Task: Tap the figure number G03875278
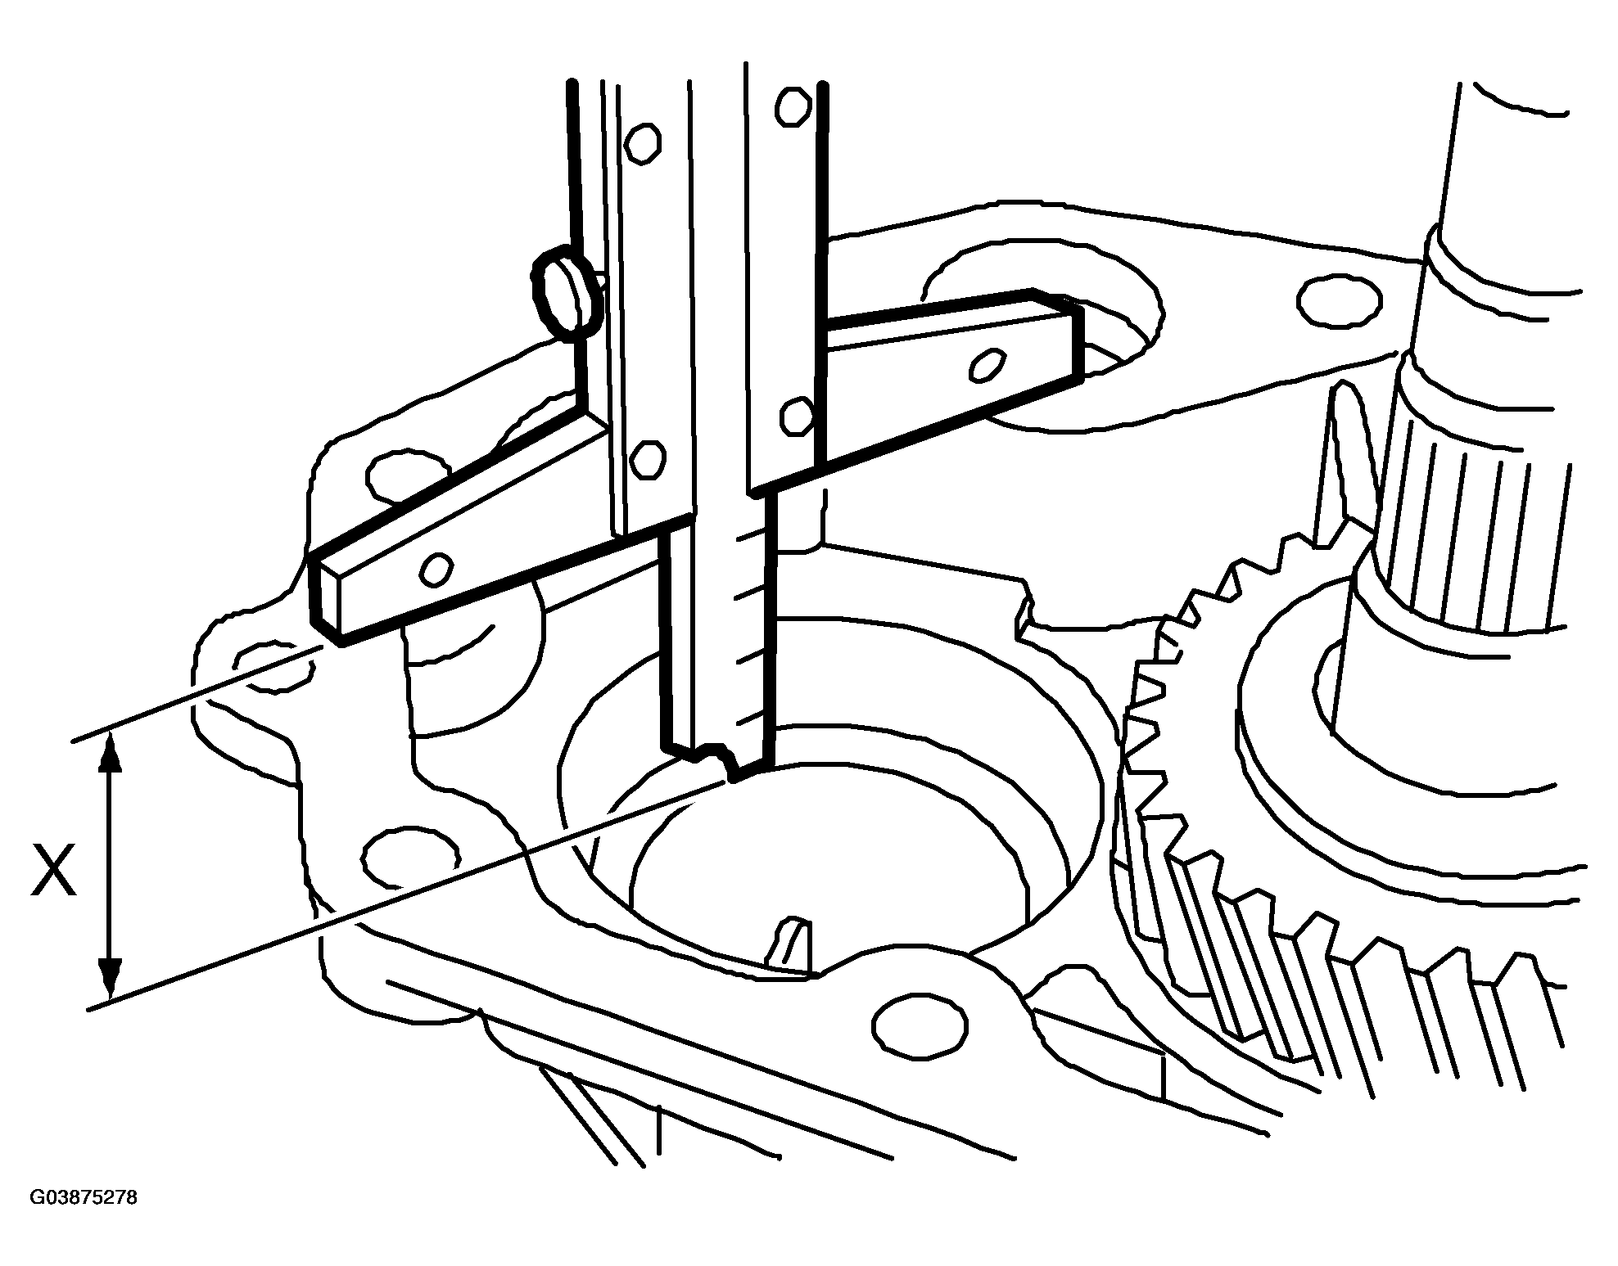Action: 84,1198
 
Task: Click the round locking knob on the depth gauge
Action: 567,293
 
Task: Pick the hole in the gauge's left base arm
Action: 435,569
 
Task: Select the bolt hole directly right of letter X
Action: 409,856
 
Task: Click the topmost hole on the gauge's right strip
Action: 793,105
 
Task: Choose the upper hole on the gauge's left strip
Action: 642,142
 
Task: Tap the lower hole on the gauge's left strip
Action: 648,460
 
